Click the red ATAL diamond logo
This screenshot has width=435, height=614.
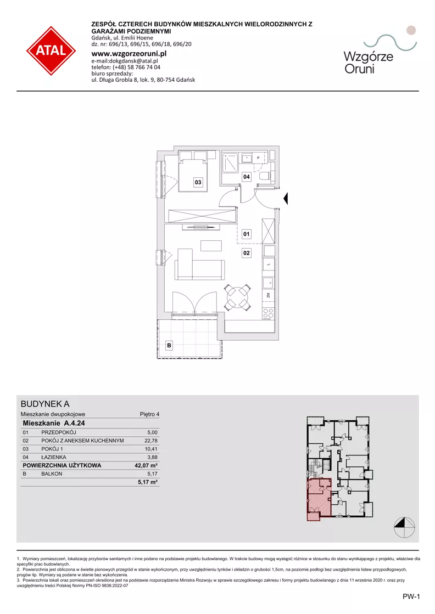coord(51,51)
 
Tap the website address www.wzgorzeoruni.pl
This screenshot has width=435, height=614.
coord(129,54)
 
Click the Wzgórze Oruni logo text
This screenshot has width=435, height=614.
coord(369,63)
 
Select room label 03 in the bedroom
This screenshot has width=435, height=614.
coord(198,182)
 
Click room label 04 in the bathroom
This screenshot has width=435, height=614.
coord(247,177)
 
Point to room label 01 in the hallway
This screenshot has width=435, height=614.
coord(246,234)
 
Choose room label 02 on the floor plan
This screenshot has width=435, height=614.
coord(246,253)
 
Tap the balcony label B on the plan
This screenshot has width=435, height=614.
coord(169,345)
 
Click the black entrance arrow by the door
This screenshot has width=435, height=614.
coord(286,199)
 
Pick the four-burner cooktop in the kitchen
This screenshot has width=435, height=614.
coord(269,314)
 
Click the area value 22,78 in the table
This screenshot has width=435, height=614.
coord(151,441)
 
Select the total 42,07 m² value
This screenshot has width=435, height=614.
coord(146,465)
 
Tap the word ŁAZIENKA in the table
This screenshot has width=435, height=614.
coord(54,457)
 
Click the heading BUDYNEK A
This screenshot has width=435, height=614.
coord(45,404)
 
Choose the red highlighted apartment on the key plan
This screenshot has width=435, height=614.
coord(319,499)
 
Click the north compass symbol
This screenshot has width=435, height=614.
coord(404,527)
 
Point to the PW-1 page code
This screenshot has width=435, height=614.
coord(411,596)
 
